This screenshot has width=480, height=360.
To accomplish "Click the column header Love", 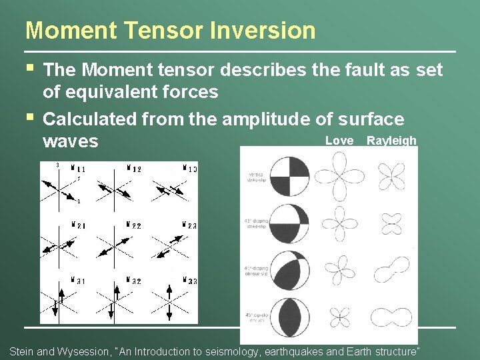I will coord(339,141).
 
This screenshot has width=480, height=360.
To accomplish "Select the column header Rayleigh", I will coord(391,141).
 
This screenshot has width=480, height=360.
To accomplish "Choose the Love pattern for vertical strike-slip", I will coord(339,176).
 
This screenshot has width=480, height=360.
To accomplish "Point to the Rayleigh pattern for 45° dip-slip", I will coord(391,315).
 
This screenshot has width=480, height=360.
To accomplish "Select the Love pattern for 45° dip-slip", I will coord(339,315).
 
